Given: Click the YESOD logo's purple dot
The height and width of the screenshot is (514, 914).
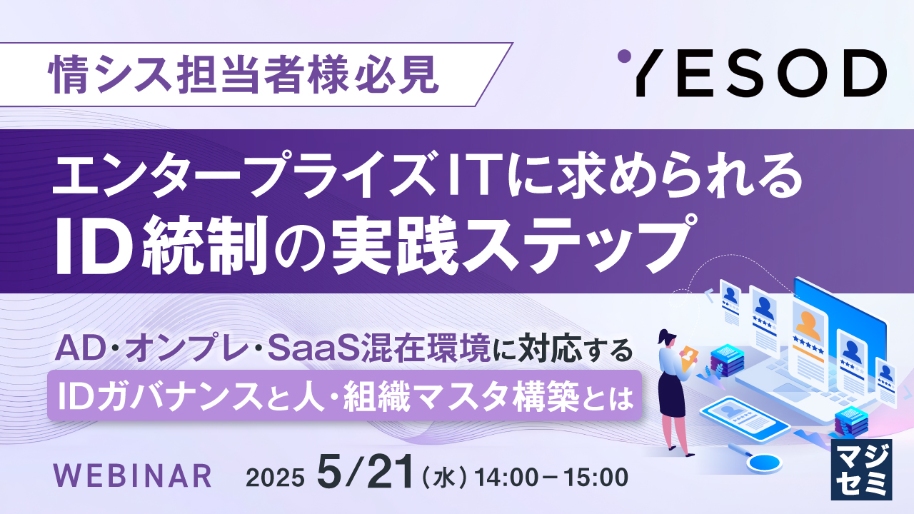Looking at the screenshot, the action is [624, 56].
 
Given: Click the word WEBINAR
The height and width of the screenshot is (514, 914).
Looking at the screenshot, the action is [133, 475].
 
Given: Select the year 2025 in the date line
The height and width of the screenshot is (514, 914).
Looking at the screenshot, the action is [275, 478].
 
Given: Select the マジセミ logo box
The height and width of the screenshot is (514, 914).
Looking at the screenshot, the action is [861, 469].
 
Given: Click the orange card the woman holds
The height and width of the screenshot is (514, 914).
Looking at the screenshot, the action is [689, 358].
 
